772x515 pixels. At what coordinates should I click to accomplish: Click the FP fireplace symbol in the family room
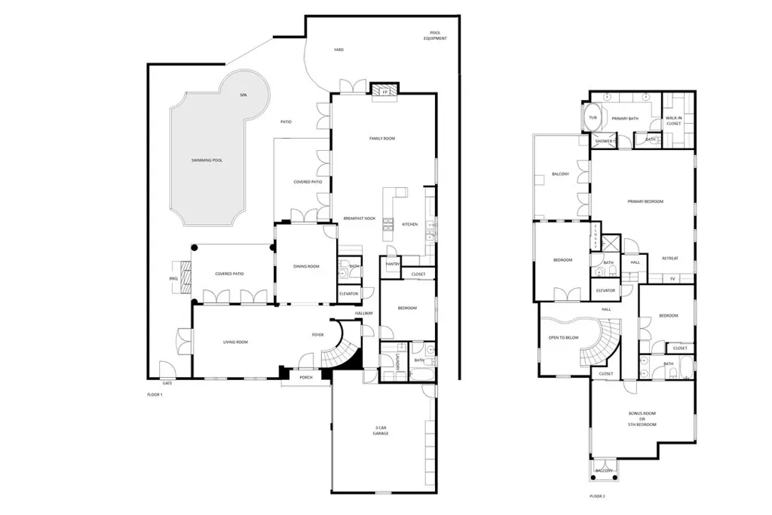coord(384,92)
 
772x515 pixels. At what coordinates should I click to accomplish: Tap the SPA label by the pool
coord(243,96)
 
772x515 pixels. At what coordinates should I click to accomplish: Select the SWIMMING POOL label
coord(207,161)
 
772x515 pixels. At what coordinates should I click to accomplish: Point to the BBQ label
coord(173,279)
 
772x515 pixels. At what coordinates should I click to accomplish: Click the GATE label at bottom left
coord(167,383)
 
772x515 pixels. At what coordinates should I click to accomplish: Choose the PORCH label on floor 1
coord(305,377)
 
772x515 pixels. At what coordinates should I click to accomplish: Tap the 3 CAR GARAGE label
coord(381,431)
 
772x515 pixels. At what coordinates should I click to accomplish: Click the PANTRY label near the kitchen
coord(392,264)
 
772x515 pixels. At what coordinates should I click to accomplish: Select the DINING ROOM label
coord(306,266)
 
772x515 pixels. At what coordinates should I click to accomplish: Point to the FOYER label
coord(318,334)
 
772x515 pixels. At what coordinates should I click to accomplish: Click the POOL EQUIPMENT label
coord(434,35)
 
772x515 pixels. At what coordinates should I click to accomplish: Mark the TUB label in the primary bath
coord(593,118)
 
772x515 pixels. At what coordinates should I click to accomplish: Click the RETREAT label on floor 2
coord(669,259)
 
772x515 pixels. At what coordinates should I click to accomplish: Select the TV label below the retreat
coord(672,278)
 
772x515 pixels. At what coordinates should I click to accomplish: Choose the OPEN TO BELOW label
coord(563,337)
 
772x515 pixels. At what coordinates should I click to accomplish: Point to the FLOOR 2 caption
coord(598,496)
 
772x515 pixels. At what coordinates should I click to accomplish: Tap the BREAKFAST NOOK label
coord(359,218)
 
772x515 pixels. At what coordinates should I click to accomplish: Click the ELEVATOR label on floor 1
coord(348,293)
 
